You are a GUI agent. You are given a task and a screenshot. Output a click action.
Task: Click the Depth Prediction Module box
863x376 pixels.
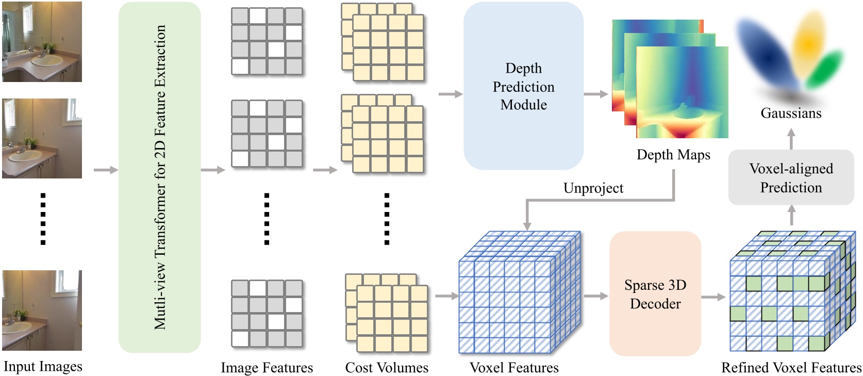(x=523, y=86)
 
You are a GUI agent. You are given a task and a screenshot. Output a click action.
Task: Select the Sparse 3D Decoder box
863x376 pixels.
(x=655, y=294)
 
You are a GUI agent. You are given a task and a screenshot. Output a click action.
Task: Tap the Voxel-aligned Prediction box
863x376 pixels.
(x=790, y=177)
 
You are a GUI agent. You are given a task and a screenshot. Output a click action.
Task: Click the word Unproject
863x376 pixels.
(x=593, y=188)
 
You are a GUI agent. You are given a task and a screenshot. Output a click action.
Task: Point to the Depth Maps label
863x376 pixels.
(x=673, y=155)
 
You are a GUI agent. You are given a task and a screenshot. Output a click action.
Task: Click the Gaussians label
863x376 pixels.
(x=790, y=113)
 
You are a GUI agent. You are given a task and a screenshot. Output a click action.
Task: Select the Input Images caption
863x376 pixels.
(x=43, y=366)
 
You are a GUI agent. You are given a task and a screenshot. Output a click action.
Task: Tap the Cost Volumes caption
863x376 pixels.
(x=387, y=367)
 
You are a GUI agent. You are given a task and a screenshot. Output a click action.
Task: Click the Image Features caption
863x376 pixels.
(x=267, y=367)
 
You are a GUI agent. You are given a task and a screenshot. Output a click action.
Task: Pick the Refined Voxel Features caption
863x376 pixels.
(x=791, y=367)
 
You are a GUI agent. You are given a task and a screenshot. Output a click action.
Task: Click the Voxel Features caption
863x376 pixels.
(x=514, y=367)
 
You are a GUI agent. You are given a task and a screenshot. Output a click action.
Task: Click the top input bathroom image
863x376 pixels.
(x=42, y=42)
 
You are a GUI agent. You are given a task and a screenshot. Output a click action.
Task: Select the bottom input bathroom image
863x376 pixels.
(x=42, y=310)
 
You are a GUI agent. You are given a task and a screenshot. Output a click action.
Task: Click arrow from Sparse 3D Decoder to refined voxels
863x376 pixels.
(x=713, y=297)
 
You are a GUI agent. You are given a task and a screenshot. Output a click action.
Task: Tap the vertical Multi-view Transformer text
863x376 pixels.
(x=160, y=177)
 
